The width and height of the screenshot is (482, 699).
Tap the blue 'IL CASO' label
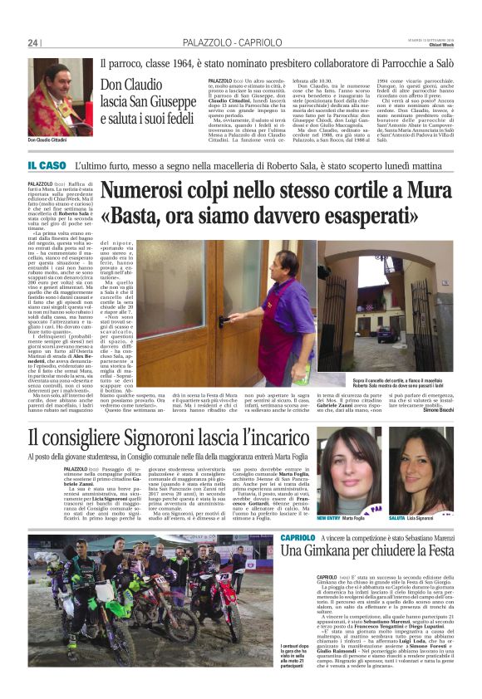click(x=45, y=166)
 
